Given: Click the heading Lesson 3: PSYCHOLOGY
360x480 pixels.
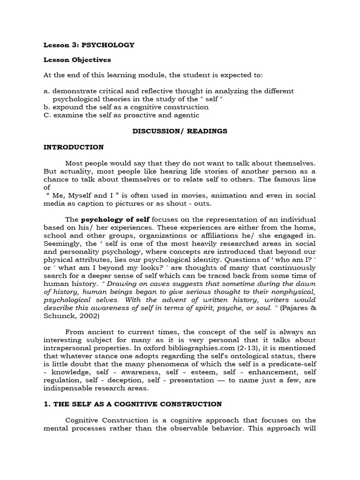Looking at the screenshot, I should point(89,45).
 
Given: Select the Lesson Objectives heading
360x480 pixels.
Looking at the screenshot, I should point(77,60).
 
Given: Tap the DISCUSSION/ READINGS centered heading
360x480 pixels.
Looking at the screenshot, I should point(180,131).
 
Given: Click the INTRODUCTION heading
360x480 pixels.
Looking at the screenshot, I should point(73,147).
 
